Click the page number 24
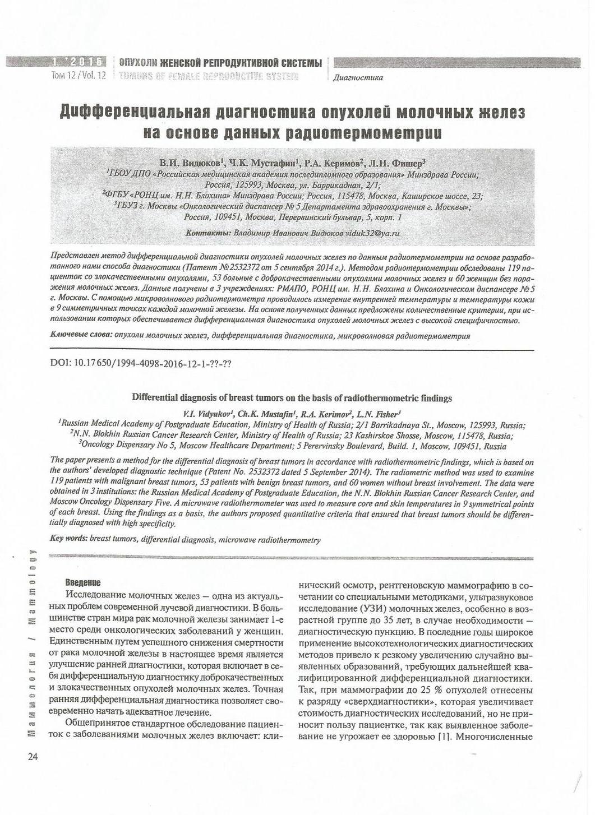tap(31, 757)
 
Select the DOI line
tap(141, 363)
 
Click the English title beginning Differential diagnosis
tap(291, 398)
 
